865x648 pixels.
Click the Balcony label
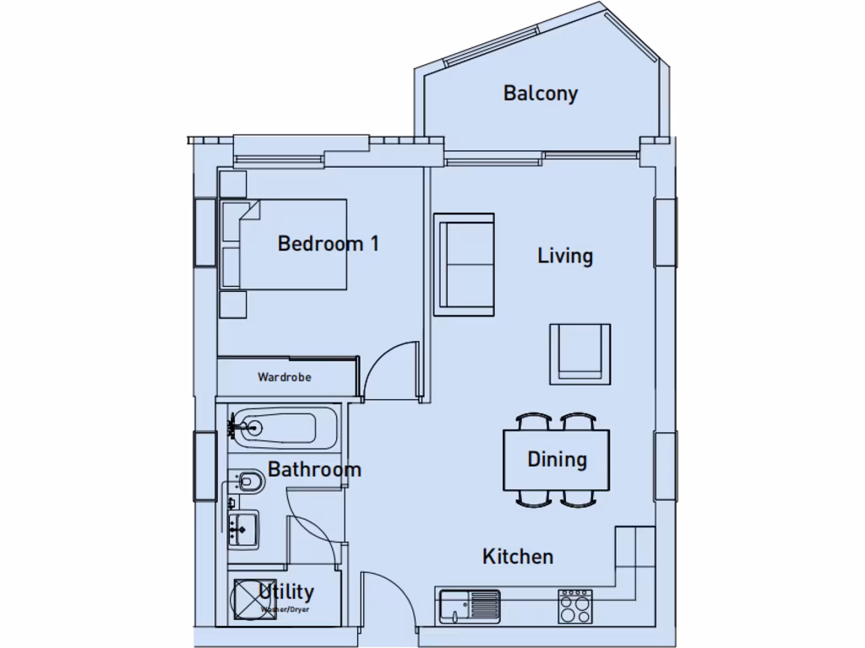pyautogui.click(x=541, y=93)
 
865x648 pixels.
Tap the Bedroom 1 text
pyautogui.click(x=328, y=244)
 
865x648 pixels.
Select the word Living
pyautogui.click(x=565, y=256)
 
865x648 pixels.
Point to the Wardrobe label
pyautogui.click(x=284, y=377)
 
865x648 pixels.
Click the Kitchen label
pyautogui.click(x=518, y=556)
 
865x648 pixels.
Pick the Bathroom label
pyautogui.click(x=314, y=469)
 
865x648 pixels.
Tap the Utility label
pyautogui.click(x=286, y=591)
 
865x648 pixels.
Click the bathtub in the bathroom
pyautogui.click(x=283, y=428)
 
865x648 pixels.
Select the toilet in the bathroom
pyautogui.click(x=248, y=482)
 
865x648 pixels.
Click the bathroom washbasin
pyautogui.click(x=242, y=530)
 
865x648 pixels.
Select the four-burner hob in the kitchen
pyautogui.click(x=575, y=606)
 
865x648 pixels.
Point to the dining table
pyautogui.click(x=557, y=460)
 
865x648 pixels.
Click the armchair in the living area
pyautogui.click(x=579, y=352)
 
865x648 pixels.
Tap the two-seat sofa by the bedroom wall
pyautogui.click(x=464, y=264)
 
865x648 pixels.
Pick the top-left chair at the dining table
pyautogui.click(x=534, y=421)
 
